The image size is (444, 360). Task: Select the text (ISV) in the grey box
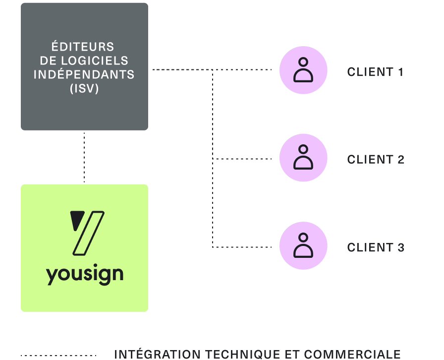click(84, 89)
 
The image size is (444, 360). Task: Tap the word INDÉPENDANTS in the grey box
click(84, 75)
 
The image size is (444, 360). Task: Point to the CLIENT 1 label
click(375, 72)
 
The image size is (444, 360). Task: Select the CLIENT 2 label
click(375, 160)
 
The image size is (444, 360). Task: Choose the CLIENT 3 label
click(375, 247)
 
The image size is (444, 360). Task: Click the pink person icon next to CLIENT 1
click(303, 70)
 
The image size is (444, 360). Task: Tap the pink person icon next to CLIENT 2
click(303, 158)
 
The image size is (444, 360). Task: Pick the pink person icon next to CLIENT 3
click(303, 245)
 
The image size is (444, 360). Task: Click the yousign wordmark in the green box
click(84, 274)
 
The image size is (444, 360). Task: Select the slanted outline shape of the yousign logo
click(89, 233)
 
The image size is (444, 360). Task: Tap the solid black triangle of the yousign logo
click(76, 220)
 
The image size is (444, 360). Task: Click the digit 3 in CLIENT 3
click(401, 247)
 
